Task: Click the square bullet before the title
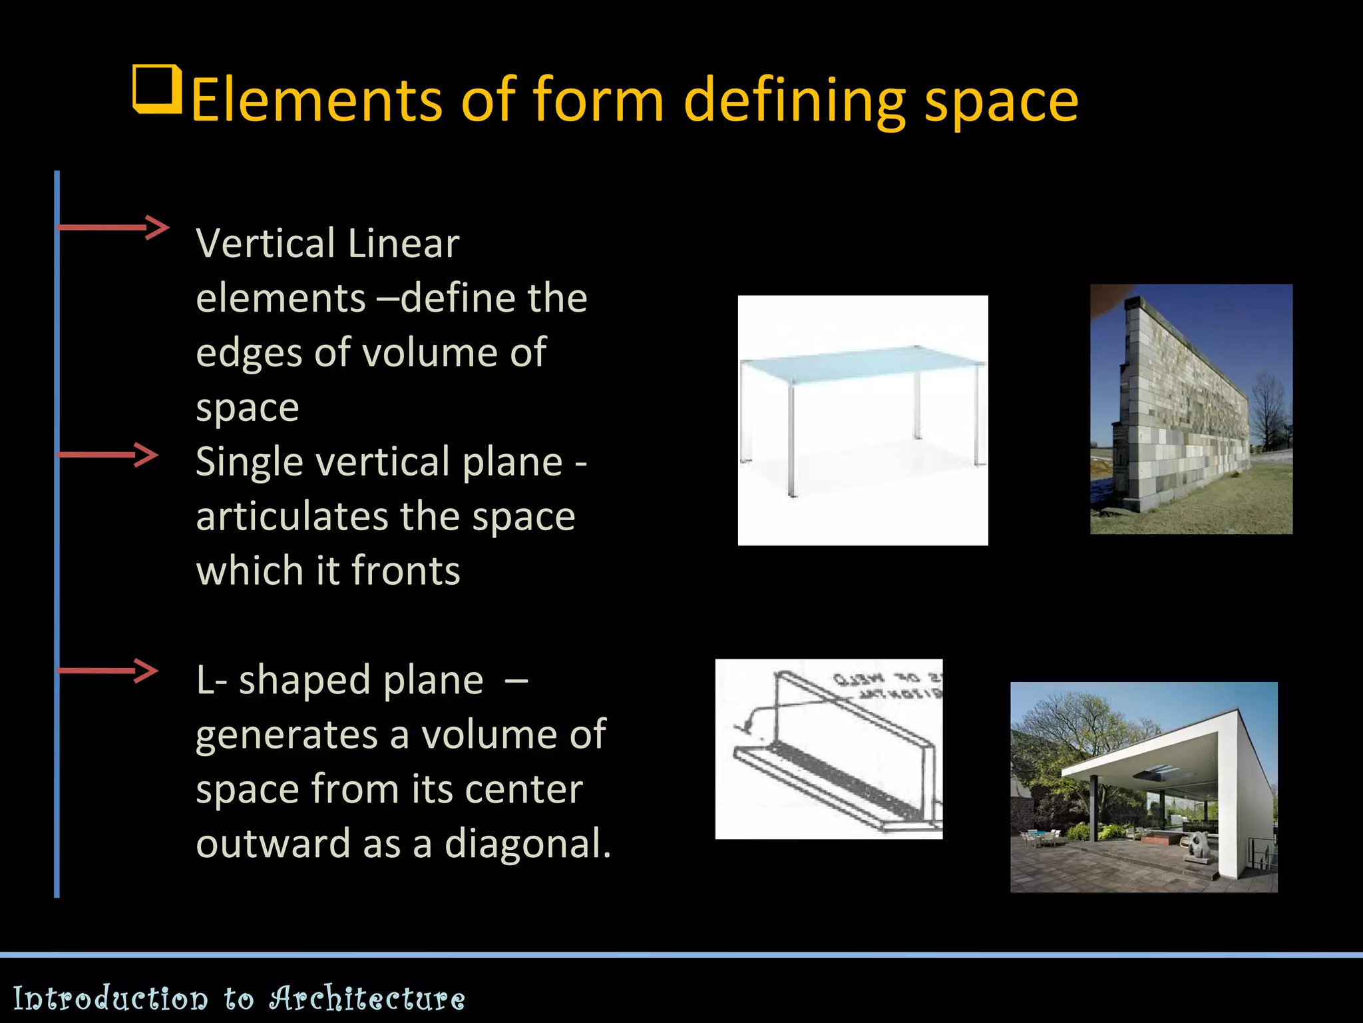[x=158, y=89]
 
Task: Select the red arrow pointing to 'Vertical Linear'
[x=113, y=227]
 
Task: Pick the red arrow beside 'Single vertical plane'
[x=108, y=455]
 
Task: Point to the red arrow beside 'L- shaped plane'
[x=108, y=671]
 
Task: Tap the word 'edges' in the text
[x=249, y=354]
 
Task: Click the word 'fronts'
[x=405, y=571]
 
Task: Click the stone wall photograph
[x=1191, y=409]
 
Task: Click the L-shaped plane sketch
[x=829, y=749]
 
